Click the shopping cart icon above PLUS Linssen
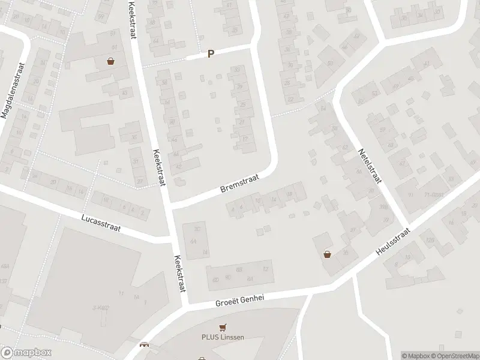click(223, 327)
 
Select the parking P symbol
click(211, 54)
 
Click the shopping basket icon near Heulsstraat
click(328, 254)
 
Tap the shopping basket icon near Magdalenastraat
click(111, 61)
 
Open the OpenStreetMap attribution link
click(454, 356)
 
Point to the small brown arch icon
click(143, 344)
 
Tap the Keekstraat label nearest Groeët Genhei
click(178, 272)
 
